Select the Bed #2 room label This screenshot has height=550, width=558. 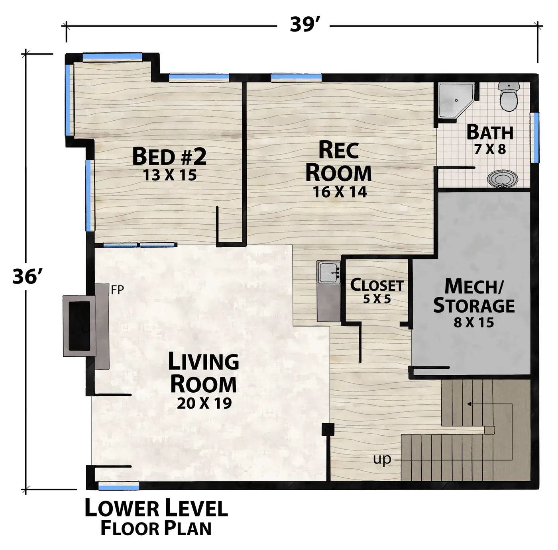click(x=169, y=156)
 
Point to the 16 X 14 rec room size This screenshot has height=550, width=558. click(x=340, y=192)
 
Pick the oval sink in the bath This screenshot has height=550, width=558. click(x=503, y=178)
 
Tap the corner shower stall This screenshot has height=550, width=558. click(x=455, y=100)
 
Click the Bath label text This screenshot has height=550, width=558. click(x=490, y=132)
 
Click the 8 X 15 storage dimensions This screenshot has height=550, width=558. click(x=474, y=323)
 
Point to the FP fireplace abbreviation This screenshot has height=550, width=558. click(x=118, y=290)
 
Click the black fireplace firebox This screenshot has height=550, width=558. click(x=79, y=326)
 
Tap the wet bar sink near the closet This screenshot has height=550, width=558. click(x=329, y=272)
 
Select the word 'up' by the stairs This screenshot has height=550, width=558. click(x=382, y=459)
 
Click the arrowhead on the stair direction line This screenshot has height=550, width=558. click(x=469, y=404)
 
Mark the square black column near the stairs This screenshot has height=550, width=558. click(x=328, y=430)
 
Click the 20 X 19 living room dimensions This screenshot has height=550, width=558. click(x=204, y=403)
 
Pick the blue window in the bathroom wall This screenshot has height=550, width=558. click(x=536, y=137)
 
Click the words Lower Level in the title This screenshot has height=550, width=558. click(x=156, y=508)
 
